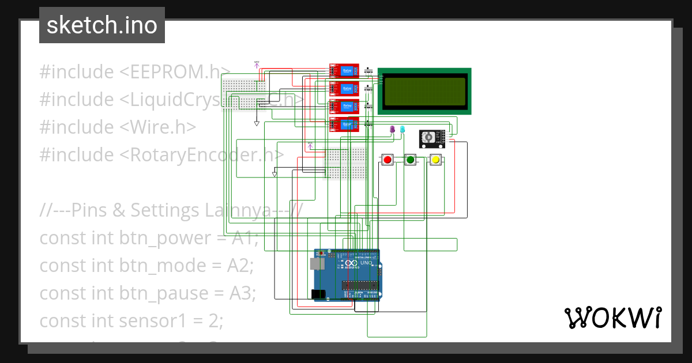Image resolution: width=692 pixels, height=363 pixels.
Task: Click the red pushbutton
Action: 388,160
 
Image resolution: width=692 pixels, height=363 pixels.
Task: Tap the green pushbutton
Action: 411,160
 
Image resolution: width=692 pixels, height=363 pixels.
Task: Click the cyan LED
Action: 403,130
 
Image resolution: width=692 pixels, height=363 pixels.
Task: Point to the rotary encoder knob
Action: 428,138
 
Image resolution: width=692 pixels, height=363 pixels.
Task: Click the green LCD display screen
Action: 425,91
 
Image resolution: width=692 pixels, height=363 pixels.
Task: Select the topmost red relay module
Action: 344,71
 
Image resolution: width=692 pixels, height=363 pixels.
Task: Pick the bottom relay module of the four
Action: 344,124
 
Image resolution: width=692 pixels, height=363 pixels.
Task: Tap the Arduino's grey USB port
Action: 317,264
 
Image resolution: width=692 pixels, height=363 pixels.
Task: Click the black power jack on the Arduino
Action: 318,294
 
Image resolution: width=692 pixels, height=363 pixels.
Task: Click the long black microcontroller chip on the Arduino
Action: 360,284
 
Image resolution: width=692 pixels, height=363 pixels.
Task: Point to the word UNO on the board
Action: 366,263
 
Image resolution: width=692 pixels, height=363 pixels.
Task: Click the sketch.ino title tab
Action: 102,25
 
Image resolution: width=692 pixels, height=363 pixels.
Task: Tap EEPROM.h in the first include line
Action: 175,72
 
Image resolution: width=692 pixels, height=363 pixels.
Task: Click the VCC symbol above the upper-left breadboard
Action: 257,64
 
